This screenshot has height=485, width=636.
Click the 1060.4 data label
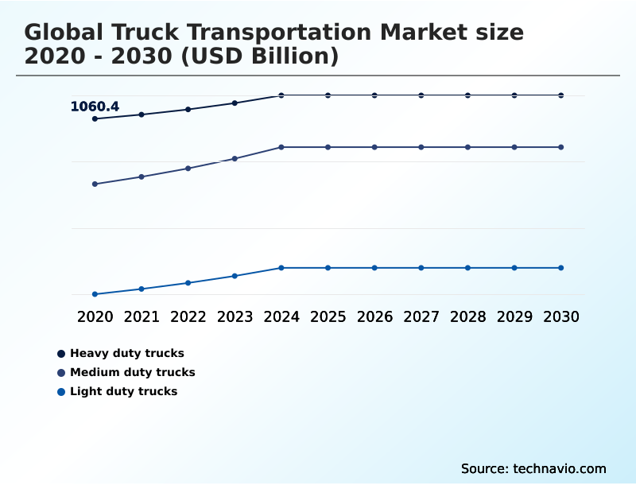pyautogui.click(x=95, y=107)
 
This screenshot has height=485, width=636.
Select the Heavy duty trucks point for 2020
pyautogui.click(x=95, y=118)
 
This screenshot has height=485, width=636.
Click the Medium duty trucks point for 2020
pyautogui.click(x=95, y=184)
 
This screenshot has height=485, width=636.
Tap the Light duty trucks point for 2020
pyautogui.click(x=95, y=294)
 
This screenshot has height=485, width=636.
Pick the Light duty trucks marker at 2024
pyautogui.click(x=281, y=268)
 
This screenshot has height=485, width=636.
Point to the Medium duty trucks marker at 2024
pyautogui.click(x=281, y=147)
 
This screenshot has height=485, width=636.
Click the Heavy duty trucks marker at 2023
pyautogui.click(x=235, y=103)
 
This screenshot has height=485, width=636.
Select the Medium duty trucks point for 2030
pyautogui.click(x=560, y=147)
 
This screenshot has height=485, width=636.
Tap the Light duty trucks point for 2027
pyautogui.click(x=421, y=268)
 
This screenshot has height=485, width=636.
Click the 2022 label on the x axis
pyautogui.click(x=188, y=316)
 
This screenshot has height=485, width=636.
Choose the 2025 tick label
pyautogui.click(x=328, y=316)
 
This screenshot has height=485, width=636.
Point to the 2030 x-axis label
pyautogui.click(x=560, y=316)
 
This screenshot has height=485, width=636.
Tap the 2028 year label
pyautogui.click(x=467, y=316)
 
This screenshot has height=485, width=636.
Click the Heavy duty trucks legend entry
pyautogui.click(x=126, y=353)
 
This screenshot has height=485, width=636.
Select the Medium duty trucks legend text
pyautogui.click(x=132, y=372)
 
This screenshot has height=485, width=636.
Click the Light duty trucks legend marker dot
pyautogui.click(x=61, y=392)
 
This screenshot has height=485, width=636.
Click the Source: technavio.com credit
pyautogui.click(x=533, y=468)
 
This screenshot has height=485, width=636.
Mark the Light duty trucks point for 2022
pyautogui.click(x=188, y=283)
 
